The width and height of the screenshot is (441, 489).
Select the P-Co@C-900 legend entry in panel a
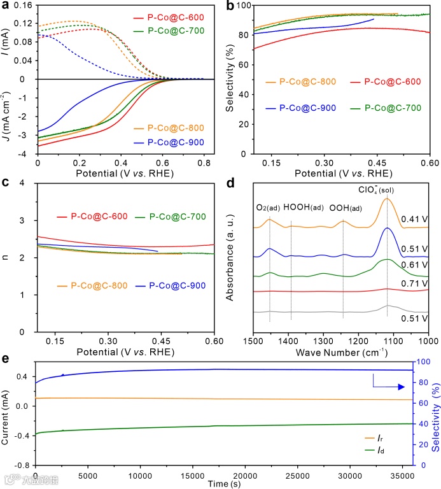178,142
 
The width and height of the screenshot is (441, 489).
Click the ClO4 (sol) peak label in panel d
388,188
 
